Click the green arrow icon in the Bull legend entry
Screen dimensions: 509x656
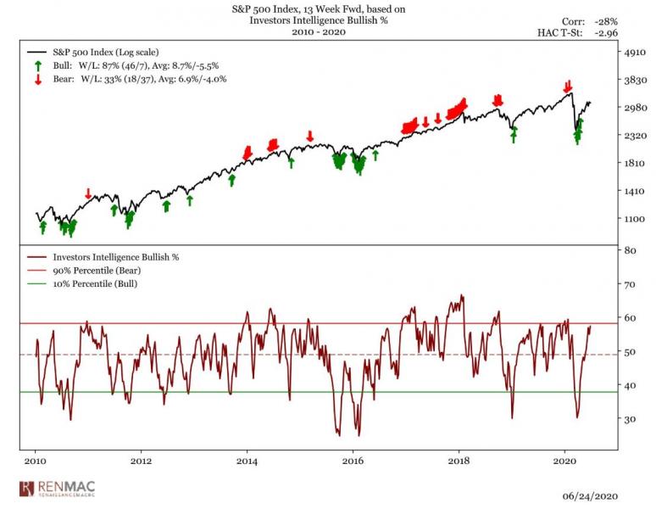pos(38,65)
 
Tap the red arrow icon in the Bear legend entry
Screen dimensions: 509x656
pos(38,80)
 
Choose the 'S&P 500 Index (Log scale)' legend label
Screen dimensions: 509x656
pos(104,52)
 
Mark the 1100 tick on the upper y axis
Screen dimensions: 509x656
pos(634,219)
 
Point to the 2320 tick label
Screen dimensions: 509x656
pos(634,136)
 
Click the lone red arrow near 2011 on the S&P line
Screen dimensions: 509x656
pos(88,194)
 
